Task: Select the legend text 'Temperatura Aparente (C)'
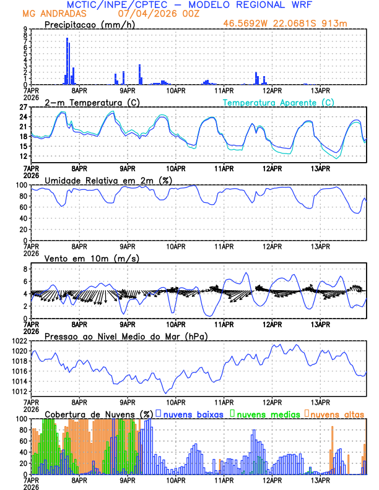pyautogui.click(x=279, y=102)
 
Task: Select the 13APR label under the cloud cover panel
pyautogui.click(x=320, y=481)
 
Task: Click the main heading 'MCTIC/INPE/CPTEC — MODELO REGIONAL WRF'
pyautogui.click(x=189, y=5)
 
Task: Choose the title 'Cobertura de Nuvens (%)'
pyautogui.click(x=98, y=413)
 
